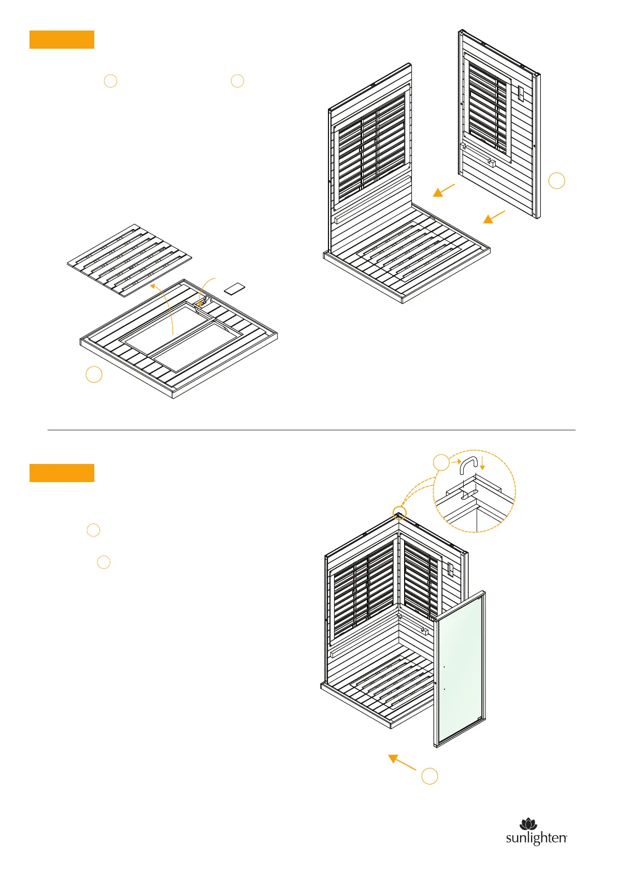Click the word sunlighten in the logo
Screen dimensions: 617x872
[536, 838]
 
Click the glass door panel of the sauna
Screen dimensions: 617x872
[460, 668]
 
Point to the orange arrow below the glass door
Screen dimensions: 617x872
[402, 762]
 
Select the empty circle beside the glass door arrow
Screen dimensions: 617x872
[429, 776]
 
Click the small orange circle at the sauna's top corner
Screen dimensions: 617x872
[399, 514]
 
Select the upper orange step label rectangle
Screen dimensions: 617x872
[62, 39]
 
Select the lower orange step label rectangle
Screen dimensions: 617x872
[62, 473]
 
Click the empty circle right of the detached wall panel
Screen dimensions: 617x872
[556, 180]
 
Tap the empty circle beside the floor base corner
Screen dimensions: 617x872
[94, 374]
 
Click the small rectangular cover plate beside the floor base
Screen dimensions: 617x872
[235, 288]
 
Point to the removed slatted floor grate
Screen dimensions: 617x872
[130, 260]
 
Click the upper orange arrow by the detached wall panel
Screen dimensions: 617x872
[444, 191]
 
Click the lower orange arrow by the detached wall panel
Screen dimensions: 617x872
[494, 216]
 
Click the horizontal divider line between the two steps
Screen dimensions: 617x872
[311, 430]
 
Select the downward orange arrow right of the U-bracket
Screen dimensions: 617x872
[482, 462]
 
